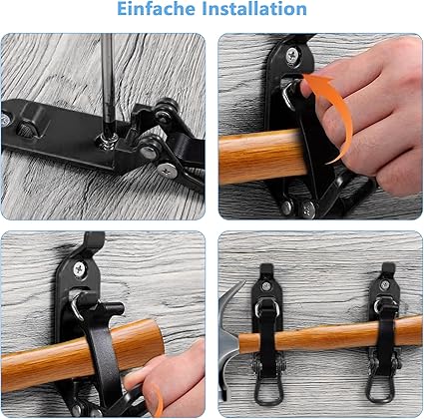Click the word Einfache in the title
coord(156,9)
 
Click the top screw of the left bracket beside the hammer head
coord(266,286)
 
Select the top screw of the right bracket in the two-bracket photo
coord(385,285)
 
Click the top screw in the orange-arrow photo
coord(292,55)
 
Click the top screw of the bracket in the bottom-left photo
coord(80,268)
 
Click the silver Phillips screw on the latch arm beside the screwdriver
coord(167,171)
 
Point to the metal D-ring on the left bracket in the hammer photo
coord(266,307)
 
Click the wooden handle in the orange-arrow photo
coord(262,156)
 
